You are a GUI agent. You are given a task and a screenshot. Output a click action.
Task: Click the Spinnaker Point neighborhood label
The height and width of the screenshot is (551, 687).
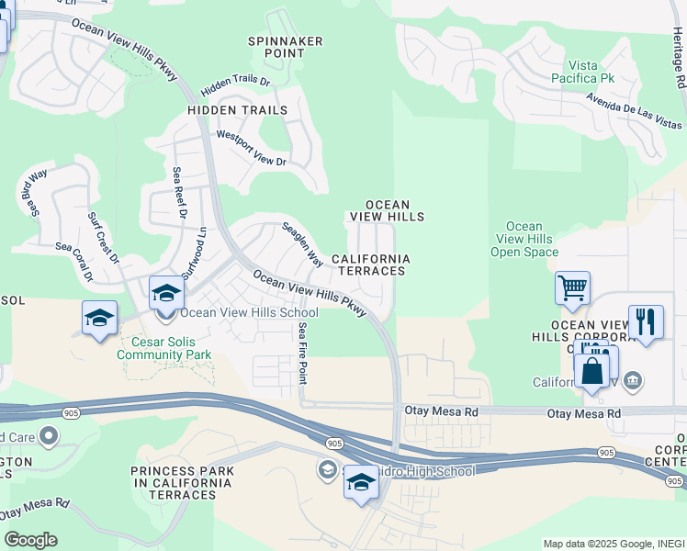point(276,47)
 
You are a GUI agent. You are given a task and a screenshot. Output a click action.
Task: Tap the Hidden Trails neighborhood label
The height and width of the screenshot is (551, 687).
point(237,110)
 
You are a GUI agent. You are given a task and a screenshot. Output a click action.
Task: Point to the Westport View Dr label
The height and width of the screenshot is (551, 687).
point(251,148)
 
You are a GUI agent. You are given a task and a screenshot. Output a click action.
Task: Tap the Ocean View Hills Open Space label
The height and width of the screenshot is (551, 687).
point(524,239)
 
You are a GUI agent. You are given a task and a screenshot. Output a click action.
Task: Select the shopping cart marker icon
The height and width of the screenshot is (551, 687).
point(572,288)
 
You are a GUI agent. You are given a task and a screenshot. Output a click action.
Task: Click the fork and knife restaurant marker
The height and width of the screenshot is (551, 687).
point(646,321)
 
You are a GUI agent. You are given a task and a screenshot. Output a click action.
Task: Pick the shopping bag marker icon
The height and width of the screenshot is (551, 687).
point(592,371)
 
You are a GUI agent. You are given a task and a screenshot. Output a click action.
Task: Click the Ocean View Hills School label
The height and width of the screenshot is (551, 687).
point(242,312)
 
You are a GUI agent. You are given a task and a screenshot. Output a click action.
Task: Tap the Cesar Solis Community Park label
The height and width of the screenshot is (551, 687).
point(165,347)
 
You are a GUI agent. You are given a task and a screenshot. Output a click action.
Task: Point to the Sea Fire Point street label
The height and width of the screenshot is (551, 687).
point(302,353)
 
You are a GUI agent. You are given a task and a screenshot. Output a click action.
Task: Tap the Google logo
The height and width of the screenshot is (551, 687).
point(30,540)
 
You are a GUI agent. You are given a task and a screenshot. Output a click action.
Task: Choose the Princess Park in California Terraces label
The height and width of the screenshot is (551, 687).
point(182,483)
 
